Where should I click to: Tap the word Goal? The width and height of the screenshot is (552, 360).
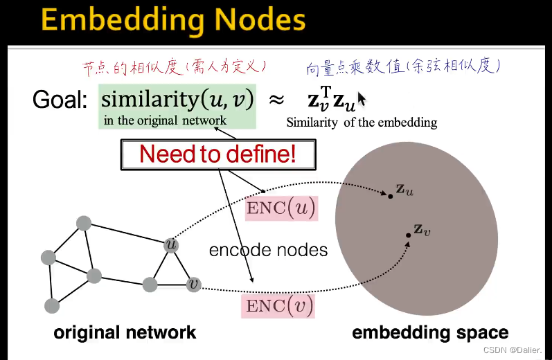(60, 100)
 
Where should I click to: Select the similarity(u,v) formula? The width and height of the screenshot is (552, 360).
(177, 98)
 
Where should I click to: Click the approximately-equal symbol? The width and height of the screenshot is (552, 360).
(276, 100)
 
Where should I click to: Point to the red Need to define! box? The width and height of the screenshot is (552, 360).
(218, 154)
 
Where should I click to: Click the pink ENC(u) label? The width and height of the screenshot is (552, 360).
(281, 207)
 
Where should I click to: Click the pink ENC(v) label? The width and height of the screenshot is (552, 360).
(278, 305)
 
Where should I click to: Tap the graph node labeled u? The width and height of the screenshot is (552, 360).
(171, 245)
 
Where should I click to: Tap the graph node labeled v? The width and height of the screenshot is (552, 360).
(194, 284)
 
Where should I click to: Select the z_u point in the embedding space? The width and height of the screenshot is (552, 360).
(391, 197)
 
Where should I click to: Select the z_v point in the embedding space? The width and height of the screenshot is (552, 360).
(409, 235)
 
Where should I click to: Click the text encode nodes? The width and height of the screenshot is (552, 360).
(268, 249)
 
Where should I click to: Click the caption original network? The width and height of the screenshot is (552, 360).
(125, 333)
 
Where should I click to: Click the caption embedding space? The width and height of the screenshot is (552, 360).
(430, 333)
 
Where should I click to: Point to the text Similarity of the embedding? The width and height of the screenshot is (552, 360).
(362, 123)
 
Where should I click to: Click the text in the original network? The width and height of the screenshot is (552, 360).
(165, 120)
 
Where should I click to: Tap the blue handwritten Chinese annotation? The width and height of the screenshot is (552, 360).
(403, 66)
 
